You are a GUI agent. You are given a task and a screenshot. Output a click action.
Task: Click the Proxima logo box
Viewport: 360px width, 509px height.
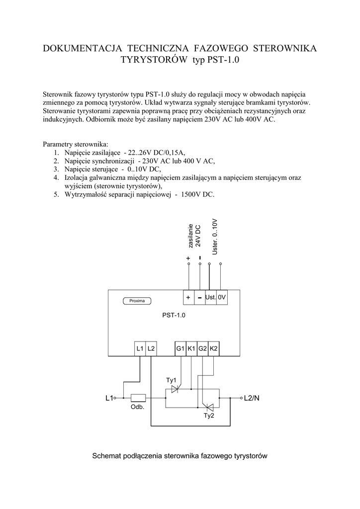(x=137, y=301)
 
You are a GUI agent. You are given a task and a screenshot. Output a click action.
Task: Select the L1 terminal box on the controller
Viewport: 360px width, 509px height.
(x=140, y=349)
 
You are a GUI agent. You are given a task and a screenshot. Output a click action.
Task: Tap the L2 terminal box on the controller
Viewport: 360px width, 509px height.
(x=151, y=349)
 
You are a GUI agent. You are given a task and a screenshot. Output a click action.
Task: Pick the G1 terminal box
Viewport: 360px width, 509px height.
(x=180, y=349)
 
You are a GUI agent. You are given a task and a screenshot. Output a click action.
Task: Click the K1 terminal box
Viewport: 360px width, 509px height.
(x=191, y=349)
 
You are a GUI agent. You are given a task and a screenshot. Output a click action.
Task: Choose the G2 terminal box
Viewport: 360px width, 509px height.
(x=202, y=349)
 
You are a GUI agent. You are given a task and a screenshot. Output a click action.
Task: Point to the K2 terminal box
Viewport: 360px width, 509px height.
(x=214, y=349)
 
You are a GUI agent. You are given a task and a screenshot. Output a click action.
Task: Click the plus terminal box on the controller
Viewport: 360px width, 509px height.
(x=189, y=297)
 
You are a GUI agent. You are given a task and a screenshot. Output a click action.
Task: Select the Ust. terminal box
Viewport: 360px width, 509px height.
(x=210, y=297)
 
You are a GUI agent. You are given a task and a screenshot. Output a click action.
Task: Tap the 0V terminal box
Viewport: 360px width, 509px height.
(x=222, y=297)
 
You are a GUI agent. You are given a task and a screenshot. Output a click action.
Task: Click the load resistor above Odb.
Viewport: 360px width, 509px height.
(x=138, y=398)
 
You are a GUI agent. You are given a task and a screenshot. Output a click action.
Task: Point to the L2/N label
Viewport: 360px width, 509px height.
(x=252, y=398)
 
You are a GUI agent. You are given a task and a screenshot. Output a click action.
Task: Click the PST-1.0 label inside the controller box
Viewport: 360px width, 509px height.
(x=174, y=315)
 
